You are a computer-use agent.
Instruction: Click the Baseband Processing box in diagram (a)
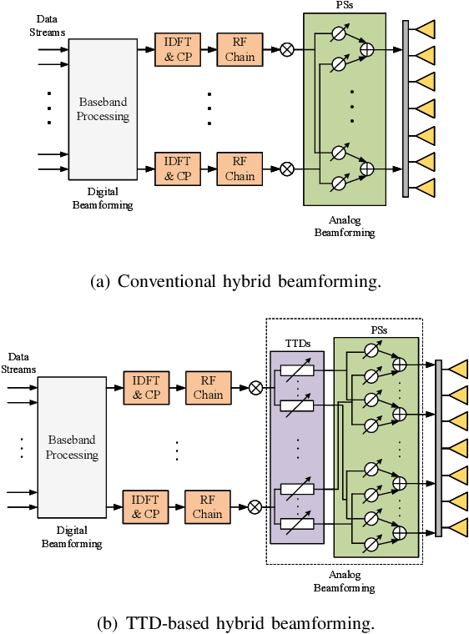coord(103,109)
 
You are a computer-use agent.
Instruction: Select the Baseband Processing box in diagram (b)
coord(72,447)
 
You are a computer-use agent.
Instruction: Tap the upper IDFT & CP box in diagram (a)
coord(177,50)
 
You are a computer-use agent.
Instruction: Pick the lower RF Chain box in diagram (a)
coord(240,169)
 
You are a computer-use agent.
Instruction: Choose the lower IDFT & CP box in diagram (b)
coord(145,507)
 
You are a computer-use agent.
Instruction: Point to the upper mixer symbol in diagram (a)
coord(287,50)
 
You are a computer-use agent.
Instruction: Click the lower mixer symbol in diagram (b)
coord(255,506)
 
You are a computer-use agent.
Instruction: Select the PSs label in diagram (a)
coord(344,6)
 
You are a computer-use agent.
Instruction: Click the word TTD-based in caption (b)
coord(164,621)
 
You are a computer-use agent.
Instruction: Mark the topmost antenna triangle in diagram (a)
coord(425,30)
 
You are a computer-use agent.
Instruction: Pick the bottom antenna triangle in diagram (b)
coord(457,527)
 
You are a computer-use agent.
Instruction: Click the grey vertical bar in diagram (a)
coord(406,108)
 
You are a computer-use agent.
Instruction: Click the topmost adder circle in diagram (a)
coord(366,51)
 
